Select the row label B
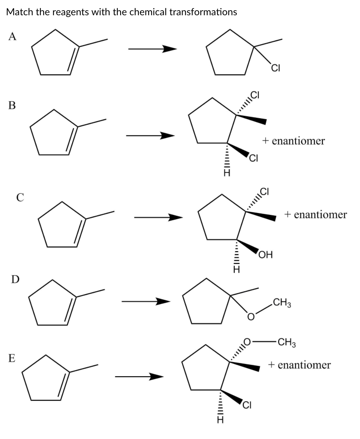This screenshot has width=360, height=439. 12,106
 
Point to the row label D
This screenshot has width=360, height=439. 15,279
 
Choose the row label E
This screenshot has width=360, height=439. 12,358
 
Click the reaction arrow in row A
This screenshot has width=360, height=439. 152,49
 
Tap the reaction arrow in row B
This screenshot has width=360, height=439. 150,135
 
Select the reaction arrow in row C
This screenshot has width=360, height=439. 158,218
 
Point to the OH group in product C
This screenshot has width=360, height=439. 265,255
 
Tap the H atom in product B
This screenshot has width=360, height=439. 227,173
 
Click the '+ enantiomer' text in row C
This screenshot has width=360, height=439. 315,215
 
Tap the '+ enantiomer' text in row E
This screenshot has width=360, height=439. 299,365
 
